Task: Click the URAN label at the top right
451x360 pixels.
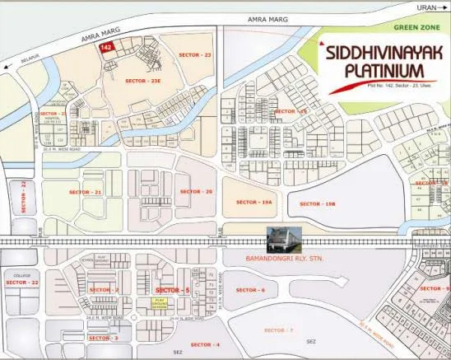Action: tap(425, 7)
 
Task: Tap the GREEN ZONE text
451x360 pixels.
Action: tap(418, 26)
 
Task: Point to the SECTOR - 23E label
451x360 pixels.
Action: tap(144, 81)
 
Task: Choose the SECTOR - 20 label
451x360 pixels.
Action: tap(196, 191)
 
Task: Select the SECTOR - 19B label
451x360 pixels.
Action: tap(316, 203)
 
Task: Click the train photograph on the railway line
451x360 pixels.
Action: tap(283, 239)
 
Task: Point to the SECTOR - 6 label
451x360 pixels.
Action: tap(250, 290)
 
